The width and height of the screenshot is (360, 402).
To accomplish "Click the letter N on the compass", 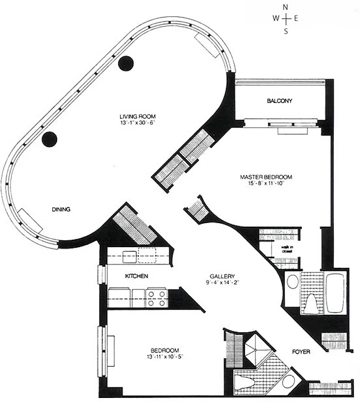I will (286, 7).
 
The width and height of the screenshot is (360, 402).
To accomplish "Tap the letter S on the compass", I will (286, 31).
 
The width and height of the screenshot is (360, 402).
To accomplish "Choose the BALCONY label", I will (279, 101).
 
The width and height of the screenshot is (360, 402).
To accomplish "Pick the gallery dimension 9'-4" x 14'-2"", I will (222, 282).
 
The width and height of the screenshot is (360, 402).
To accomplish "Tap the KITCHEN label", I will (136, 276).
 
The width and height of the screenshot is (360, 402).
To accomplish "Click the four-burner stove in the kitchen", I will (157, 298).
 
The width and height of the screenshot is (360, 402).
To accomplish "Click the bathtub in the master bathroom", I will (334, 293).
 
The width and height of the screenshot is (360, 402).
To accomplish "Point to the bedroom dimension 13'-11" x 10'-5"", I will (164, 357).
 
